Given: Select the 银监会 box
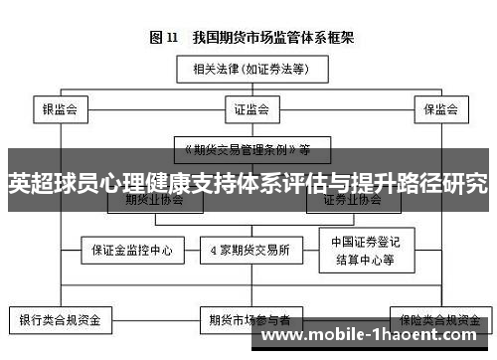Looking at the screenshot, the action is click(x=61, y=107).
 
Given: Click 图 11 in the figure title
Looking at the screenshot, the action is click(x=163, y=38).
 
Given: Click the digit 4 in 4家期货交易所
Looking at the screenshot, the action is click(x=213, y=250).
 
